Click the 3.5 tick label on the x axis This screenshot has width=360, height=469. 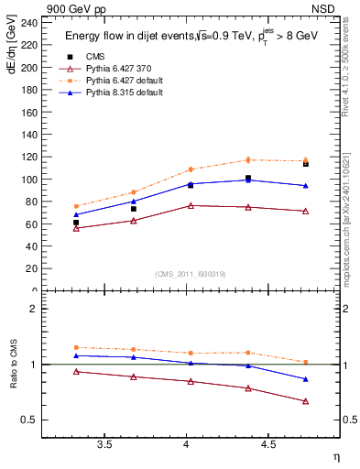105,445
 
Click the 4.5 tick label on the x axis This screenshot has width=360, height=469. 268,445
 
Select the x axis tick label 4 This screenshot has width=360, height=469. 187,445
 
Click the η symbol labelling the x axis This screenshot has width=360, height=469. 335,455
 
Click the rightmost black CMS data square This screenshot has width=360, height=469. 306,164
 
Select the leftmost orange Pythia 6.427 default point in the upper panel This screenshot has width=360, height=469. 76,206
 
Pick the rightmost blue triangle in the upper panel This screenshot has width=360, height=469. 306,186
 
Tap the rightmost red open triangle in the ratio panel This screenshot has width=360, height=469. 306,401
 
